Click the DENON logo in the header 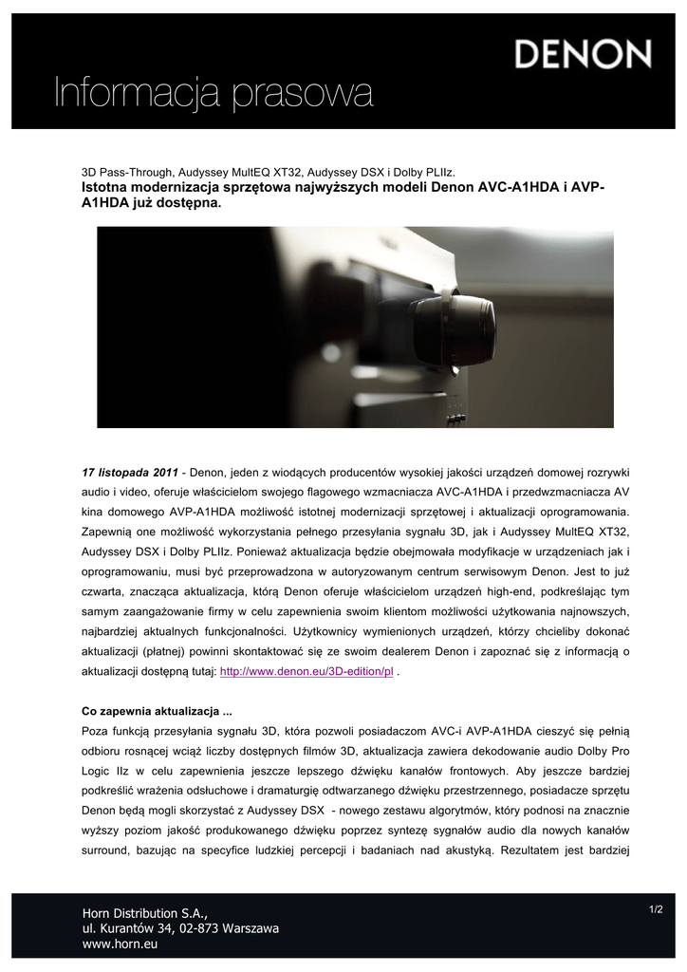coord(583,53)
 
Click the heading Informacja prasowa coord(213,94)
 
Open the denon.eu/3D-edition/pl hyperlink coord(306,671)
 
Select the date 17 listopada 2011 coord(130,472)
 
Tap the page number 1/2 coord(656,910)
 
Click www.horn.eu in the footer coord(121,944)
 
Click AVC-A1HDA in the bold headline coord(511,188)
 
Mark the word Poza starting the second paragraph coord(97,731)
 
